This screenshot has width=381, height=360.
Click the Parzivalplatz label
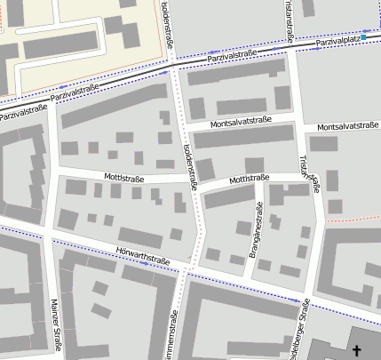pyautogui.click(x=337, y=40)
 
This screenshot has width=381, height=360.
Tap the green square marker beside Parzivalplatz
pyautogui.click(x=363, y=37)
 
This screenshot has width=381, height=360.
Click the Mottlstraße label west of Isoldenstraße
pyautogui.click(x=124, y=177)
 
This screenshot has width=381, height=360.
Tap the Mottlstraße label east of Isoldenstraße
pyautogui.click(x=249, y=180)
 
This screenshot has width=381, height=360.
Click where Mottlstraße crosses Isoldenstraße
pyautogui.click(x=194, y=184)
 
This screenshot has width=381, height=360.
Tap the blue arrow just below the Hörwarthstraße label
pyautogui.click(x=143, y=264)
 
